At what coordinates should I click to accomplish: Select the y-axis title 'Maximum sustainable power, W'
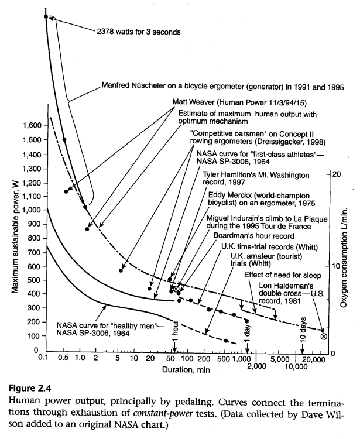click(x=12, y=235)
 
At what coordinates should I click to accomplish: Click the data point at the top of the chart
click(x=46, y=16)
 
